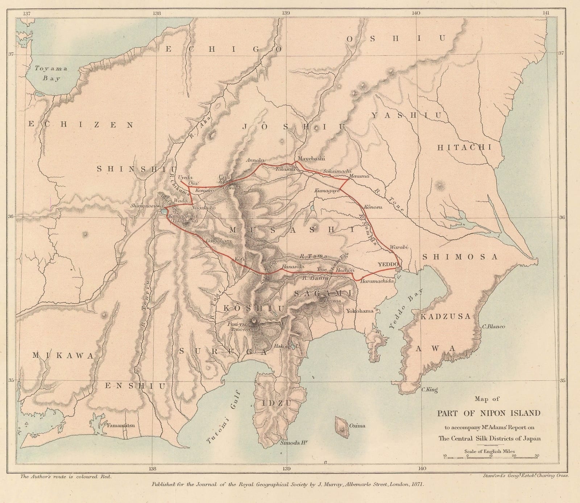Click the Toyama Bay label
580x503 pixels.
point(51,73)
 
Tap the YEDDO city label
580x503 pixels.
point(388,264)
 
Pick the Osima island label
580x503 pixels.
point(357,426)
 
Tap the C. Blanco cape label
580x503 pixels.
point(493,326)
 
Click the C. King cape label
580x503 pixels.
point(429,390)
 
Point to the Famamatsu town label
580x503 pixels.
point(120,425)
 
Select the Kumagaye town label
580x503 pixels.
point(327,190)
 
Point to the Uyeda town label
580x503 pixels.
point(185,177)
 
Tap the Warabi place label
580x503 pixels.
point(399,247)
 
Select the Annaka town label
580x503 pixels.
point(255,160)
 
